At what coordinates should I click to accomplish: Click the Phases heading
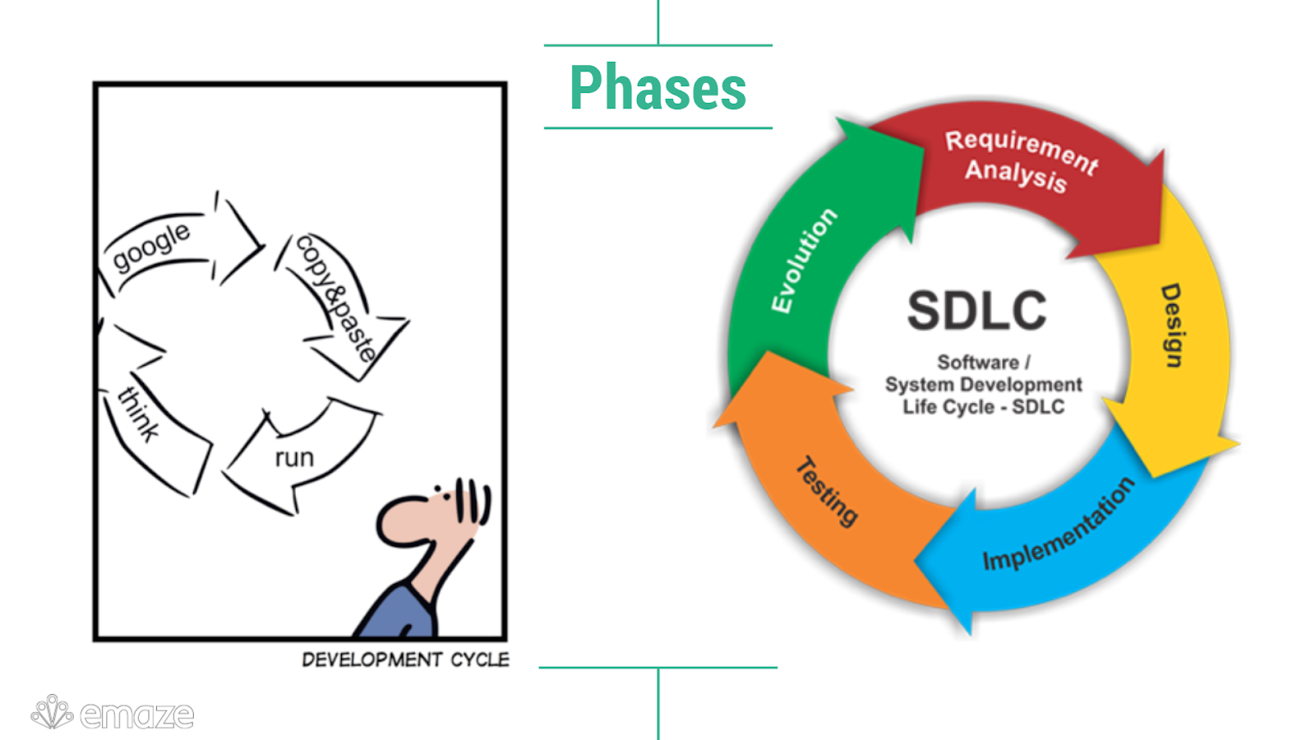657,88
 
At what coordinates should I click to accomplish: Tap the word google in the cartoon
151,246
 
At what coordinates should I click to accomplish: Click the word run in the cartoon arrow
294,457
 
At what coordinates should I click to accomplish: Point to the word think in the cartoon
139,414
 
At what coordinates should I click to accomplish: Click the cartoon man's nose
394,523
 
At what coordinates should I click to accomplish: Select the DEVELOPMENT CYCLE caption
405,659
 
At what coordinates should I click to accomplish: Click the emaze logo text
137,715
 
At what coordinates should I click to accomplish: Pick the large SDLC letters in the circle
976,311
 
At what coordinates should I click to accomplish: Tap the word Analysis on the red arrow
1016,175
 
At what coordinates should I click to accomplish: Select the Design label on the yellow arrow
1172,326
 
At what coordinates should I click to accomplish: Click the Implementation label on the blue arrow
1059,525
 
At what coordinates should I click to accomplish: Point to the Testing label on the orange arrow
827,491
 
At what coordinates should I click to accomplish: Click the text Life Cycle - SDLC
983,407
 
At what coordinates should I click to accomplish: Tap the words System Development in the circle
983,385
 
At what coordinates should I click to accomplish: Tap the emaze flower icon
52,712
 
